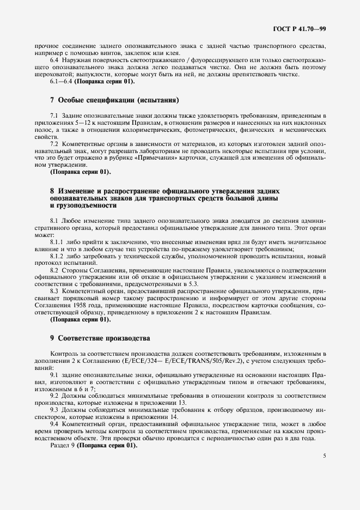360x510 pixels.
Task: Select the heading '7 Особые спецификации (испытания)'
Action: pyautogui.click(x=114, y=101)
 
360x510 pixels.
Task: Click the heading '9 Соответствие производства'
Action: pyautogui.click(x=100, y=338)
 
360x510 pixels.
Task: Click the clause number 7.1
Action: pyautogui.click(x=54, y=116)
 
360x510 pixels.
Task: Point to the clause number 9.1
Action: pyautogui.click(x=54, y=375)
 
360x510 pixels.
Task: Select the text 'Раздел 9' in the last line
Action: pyautogui.click(x=62, y=444)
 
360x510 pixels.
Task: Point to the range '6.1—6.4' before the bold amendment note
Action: pyautogui.click(x=60, y=81)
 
